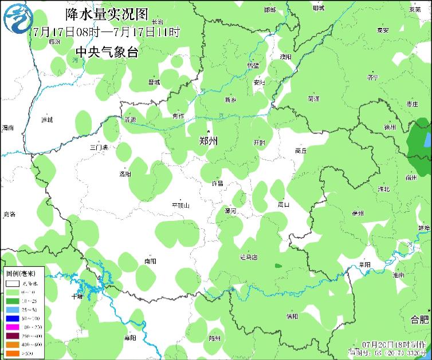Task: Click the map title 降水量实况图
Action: coord(107,13)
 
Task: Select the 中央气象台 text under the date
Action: coord(107,52)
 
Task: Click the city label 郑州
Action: coord(208,140)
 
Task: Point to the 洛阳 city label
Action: coord(125,174)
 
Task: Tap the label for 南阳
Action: coord(150,261)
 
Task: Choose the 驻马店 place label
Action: coord(249,257)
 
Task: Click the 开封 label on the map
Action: coord(260,143)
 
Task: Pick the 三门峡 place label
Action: coord(99,148)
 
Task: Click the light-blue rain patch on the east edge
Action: coord(427,139)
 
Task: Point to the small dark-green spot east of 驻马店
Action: coord(278,266)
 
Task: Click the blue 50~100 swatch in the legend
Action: coord(13,318)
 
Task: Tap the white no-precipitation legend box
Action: coord(13,283)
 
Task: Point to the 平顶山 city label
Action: coord(180,205)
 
